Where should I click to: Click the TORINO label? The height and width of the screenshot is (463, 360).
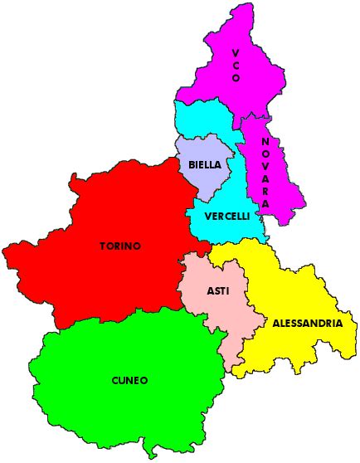[120, 246]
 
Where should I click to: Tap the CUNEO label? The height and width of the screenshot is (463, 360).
[129, 380]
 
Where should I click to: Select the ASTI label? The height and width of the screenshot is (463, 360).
[218, 291]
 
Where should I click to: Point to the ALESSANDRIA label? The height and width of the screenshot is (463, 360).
[307, 324]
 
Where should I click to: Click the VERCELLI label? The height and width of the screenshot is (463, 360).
[226, 216]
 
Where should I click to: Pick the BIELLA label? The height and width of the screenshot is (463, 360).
[204, 165]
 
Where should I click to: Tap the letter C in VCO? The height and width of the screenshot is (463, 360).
[236, 66]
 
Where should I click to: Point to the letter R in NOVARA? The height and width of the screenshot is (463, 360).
[265, 190]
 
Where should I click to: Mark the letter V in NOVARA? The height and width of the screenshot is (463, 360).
[265, 166]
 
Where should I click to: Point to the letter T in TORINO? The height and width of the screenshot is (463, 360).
[103, 246]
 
